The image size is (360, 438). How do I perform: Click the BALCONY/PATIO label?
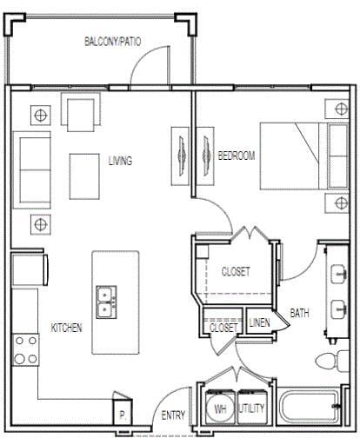[x=113, y=41]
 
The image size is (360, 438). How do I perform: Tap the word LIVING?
[x=120, y=161]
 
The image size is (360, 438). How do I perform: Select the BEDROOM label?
[x=236, y=156]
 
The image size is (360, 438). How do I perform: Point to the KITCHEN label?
[x=66, y=328]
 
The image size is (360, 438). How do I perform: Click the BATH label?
[x=300, y=313]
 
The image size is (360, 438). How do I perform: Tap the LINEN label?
[x=259, y=322]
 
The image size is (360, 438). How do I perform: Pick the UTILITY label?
[x=253, y=406]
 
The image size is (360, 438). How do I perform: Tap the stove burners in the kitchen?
[x=25, y=348]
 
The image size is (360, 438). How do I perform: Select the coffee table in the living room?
[x=85, y=168]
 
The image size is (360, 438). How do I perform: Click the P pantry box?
[x=123, y=415]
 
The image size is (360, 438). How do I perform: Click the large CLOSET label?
[x=235, y=271]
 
